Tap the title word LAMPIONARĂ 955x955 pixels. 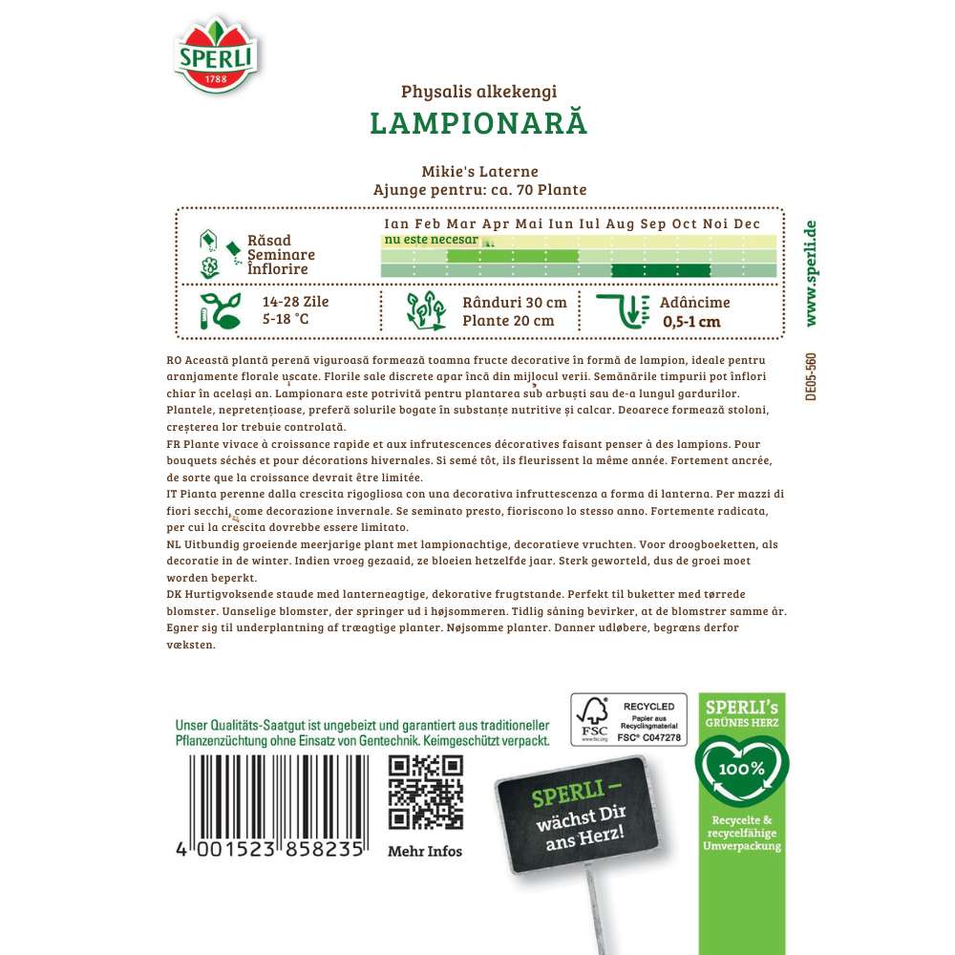[x=477, y=124]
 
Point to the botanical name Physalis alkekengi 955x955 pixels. [x=477, y=93]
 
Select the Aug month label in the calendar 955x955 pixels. [x=620, y=223]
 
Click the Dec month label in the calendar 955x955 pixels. [x=746, y=223]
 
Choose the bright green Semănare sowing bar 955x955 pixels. [x=513, y=255]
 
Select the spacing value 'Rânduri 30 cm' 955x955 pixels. [x=514, y=302]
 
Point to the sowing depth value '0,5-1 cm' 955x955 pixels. [x=691, y=321]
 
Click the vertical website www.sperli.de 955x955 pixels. [x=811, y=272]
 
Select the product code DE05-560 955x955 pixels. [x=810, y=376]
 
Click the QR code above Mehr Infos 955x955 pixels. [x=426, y=792]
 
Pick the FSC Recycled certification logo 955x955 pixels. [x=628, y=719]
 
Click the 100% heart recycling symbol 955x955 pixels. [x=742, y=770]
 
